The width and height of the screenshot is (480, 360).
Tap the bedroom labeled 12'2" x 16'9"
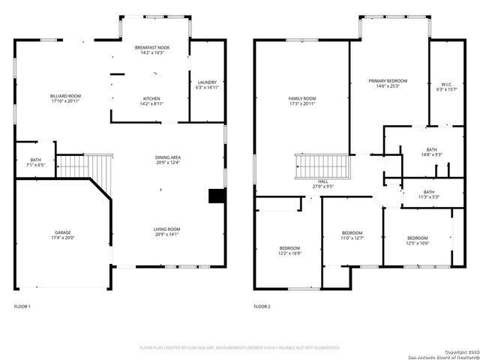point(289,250)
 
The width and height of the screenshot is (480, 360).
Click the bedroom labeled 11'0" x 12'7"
point(352,235)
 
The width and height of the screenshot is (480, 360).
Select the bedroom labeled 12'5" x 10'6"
point(417,240)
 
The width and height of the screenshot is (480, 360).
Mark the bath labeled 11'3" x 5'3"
point(428,194)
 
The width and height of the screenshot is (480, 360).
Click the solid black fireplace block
point(217,196)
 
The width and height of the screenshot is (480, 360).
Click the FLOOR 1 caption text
point(22,307)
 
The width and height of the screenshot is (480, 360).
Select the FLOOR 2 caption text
point(262,307)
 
